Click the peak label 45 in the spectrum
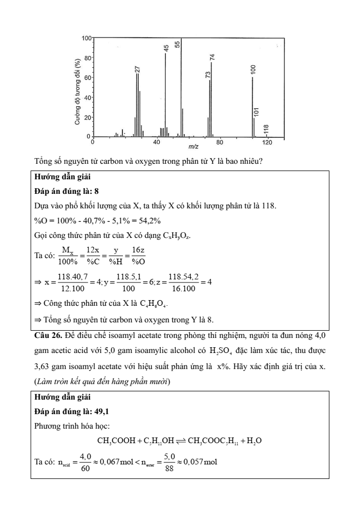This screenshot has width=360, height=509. (x=167, y=48)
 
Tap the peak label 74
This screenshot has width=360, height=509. (x=212, y=56)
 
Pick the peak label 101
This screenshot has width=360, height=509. (x=256, y=112)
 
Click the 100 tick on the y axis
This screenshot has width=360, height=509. (x=86, y=38)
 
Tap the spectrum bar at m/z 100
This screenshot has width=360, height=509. (x=253, y=106)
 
